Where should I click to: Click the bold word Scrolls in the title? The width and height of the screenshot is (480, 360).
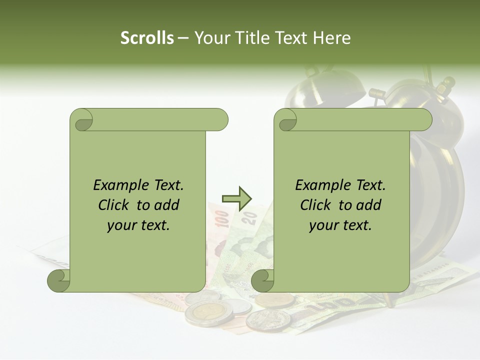coord(147,37)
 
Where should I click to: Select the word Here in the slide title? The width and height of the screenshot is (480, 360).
coord(331,37)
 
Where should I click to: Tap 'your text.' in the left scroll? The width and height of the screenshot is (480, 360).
coord(138,225)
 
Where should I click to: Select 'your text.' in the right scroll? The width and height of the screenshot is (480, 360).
coord(340,225)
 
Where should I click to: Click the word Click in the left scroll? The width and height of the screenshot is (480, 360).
coord(113,205)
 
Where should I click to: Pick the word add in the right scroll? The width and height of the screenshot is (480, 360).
coord(369,205)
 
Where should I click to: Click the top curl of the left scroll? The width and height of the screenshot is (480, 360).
coord(82,120)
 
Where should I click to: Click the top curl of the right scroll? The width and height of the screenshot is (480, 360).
coord(287,120)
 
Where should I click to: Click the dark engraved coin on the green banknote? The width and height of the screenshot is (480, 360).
coord(268,320)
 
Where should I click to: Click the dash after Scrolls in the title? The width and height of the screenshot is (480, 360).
coord(183,38)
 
